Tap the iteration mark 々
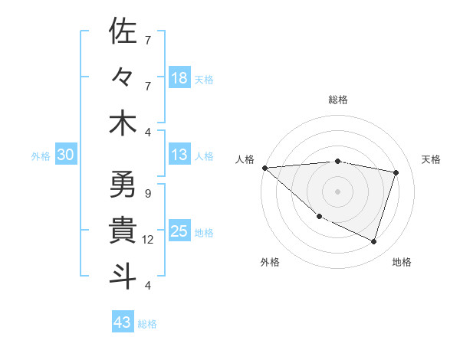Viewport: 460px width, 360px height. pyautogui.click(x=123, y=77)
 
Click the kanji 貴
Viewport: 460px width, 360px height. pyautogui.click(x=123, y=231)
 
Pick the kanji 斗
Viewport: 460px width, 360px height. pyautogui.click(x=123, y=277)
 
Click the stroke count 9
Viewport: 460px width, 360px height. pyautogui.click(x=147, y=193)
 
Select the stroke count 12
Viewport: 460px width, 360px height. pyautogui.click(x=148, y=240)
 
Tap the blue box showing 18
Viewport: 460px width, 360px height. pyautogui.click(x=179, y=78)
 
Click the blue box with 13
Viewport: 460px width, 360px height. pyautogui.click(x=179, y=155)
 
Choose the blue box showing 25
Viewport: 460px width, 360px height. pyautogui.click(x=179, y=231)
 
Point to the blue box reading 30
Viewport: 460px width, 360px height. pyautogui.click(x=65, y=155)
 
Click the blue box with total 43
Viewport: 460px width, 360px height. pyautogui.click(x=123, y=322)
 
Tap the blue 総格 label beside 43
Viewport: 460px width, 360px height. pyautogui.click(x=148, y=324)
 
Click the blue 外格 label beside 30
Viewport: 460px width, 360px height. pyautogui.click(x=41, y=156)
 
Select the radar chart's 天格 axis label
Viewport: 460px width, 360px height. pyautogui.click(x=432, y=159)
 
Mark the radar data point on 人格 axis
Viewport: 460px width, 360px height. pyautogui.click(x=264, y=168)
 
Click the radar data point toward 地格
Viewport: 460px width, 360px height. pyautogui.click(x=373, y=241)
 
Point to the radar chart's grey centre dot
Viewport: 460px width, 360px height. pyautogui.click(x=337, y=191)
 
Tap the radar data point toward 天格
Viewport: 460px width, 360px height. pyautogui.click(x=396, y=172)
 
